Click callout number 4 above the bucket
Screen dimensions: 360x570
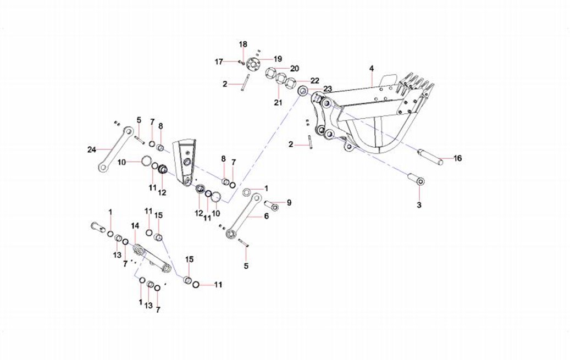pyautogui.click(x=372, y=68)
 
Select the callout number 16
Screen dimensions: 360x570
pyautogui.click(x=457, y=158)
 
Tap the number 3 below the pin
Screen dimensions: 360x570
pyautogui.click(x=419, y=205)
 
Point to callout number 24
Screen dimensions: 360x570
pyautogui.click(x=91, y=149)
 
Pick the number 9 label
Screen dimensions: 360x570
pyautogui.click(x=289, y=202)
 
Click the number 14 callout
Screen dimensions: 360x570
pyautogui.click(x=135, y=226)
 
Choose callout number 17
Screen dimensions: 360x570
pyautogui.click(x=219, y=62)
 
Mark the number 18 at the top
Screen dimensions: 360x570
pyautogui.click(x=243, y=44)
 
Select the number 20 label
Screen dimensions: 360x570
pyautogui.click(x=295, y=68)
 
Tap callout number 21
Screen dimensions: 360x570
pyautogui.click(x=278, y=103)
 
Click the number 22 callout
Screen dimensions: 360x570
pyautogui.click(x=315, y=80)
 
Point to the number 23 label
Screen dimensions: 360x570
pyautogui.click(x=328, y=89)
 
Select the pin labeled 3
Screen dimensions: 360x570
pyautogui.click(x=415, y=180)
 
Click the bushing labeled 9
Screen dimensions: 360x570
pyautogui.click(x=272, y=205)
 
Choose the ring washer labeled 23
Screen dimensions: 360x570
pyautogui.click(x=303, y=91)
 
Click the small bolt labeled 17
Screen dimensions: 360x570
pyautogui.click(x=241, y=62)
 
